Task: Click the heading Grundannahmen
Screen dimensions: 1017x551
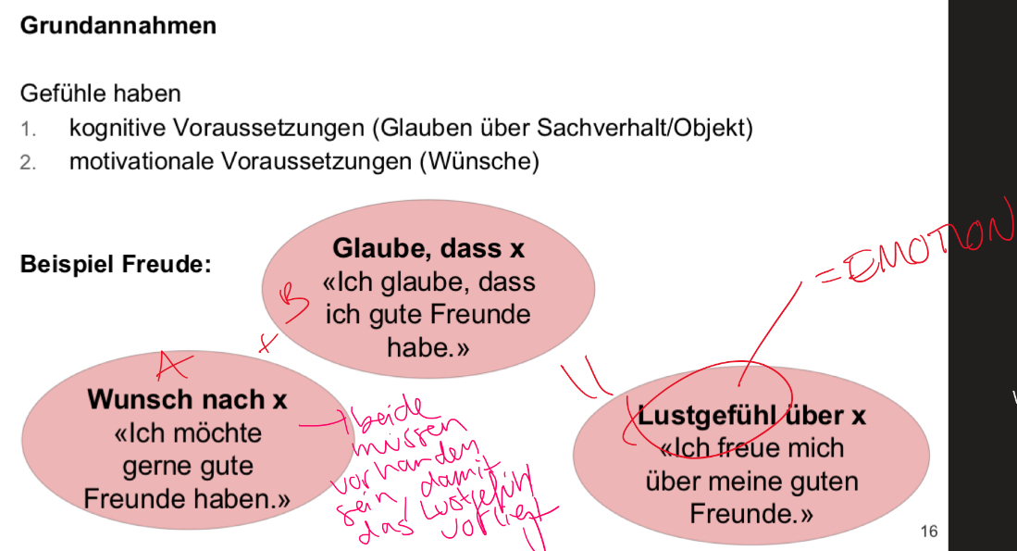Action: [x=118, y=25]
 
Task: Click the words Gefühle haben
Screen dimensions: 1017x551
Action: [x=100, y=94]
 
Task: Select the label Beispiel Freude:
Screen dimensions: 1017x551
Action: [x=116, y=264]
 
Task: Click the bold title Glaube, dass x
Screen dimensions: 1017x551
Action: [x=428, y=248]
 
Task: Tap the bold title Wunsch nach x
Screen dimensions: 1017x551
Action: [x=187, y=399]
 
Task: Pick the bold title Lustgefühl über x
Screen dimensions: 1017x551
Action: [x=751, y=416]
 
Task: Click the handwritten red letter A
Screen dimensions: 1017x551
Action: [x=169, y=364]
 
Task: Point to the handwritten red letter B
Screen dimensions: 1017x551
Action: [x=292, y=302]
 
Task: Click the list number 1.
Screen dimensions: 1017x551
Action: [x=28, y=129]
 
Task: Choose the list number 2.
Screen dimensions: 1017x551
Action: [x=28, y=162]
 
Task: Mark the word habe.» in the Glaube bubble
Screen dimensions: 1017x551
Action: [x=428, y=347]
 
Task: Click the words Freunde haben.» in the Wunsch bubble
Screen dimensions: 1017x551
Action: [x=187, y=499]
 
